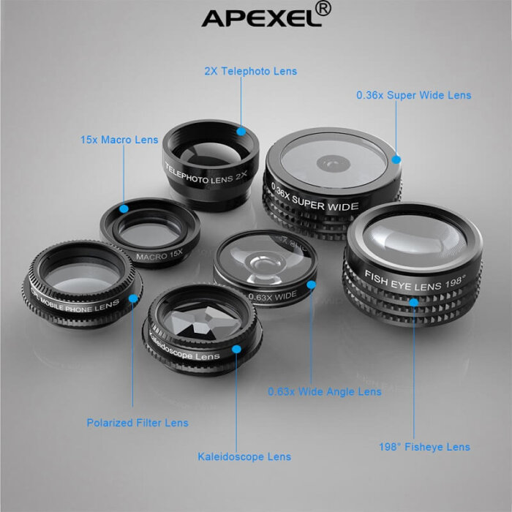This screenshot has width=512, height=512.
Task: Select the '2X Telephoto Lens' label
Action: click(x=250, y=72)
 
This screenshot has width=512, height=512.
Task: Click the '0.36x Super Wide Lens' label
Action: click(x=414, y=95)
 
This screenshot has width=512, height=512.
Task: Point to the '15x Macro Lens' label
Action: click(x=119, y=140)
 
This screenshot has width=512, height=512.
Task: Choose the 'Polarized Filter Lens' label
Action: click(x=138, y=423)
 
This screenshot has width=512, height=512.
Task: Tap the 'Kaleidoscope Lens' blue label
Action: click(x=244, y=457)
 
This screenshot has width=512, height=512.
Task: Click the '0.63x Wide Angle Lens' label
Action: click(x=324, y=392)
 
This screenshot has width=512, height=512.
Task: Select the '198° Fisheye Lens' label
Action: click(x=424, y=447)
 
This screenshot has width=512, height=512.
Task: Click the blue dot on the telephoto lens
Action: click(x=241, y=132)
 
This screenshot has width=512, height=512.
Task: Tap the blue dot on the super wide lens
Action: click(x=396, y=159)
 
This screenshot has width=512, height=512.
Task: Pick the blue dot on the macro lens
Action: click(x=124, y=208)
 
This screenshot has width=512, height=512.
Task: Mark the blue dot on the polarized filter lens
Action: click(x=133, y=298)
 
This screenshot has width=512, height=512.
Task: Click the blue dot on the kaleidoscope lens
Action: click(x=236, y=348)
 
